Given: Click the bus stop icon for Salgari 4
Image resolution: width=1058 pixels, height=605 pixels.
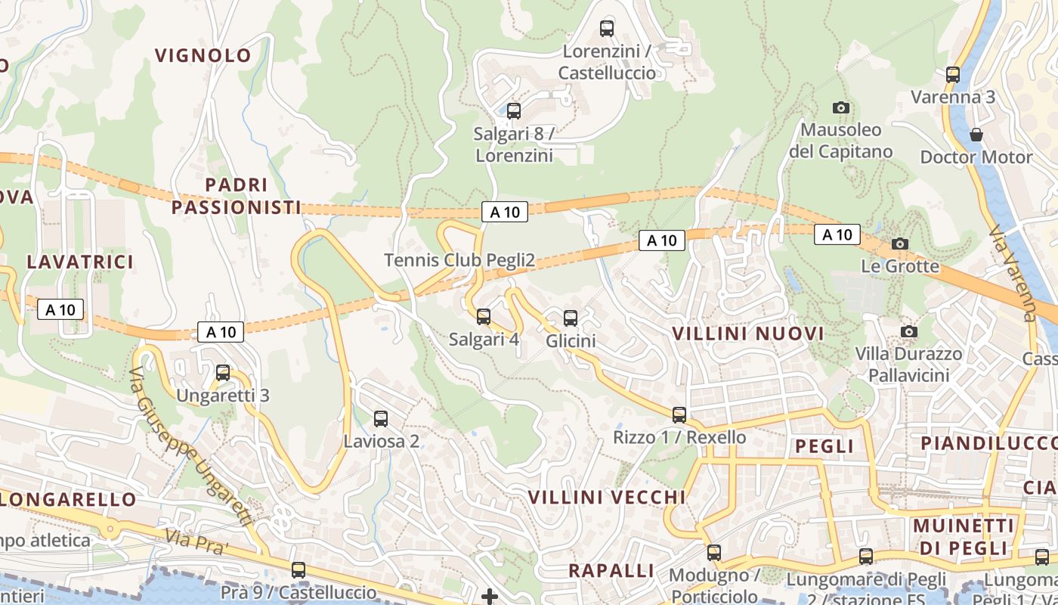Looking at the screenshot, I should [484, 317].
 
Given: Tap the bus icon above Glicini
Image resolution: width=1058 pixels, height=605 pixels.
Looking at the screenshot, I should [571, 318].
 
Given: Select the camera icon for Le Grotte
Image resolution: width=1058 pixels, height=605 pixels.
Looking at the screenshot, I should [900, 244].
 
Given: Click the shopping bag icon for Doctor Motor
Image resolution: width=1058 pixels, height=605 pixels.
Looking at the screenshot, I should [976, 135].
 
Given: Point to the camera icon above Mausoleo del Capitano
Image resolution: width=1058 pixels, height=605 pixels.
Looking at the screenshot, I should [840, 108].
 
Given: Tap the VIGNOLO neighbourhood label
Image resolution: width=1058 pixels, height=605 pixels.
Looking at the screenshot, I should [203, 55].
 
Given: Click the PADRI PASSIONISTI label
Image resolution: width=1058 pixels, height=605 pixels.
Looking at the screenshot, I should [236, 196].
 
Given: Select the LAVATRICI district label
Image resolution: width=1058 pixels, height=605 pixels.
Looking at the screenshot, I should [80, 262].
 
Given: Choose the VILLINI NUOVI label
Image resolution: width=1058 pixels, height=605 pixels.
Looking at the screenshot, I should [748, 334].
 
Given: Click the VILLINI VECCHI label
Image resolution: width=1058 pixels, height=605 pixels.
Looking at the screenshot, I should [607, 497].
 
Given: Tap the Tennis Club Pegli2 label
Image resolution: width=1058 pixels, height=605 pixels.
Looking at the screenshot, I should [459, 260].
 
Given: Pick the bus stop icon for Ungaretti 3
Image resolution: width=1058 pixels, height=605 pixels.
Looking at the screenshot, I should [223, 373].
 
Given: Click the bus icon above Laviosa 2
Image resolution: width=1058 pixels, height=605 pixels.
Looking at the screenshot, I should [381, 419].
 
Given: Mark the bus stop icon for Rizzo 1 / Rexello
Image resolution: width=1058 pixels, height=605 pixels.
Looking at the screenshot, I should [679, 415].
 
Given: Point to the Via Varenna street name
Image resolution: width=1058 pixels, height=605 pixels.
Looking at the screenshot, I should [1013, 273].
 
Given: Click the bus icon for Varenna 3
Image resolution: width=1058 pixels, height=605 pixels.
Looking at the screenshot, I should [953, 75].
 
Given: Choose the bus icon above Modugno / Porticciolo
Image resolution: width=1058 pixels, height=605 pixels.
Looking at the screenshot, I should [714, 553].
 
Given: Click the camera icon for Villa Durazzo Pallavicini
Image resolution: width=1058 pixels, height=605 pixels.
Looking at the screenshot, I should [909, 332].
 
